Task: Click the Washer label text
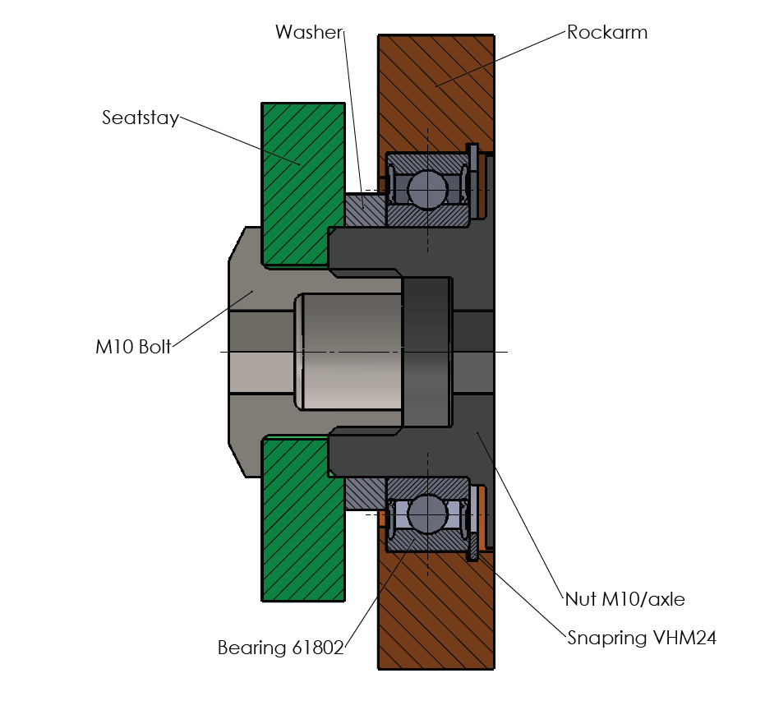tap(308, 32)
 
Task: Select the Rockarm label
tap(607, 33)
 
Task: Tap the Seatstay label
tap(140, 118)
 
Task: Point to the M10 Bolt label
tap(133, 347)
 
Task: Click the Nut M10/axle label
tap(624, 599)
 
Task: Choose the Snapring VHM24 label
tap(642, 638)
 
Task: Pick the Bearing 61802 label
tap(280, 648)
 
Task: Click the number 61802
tap(317, 648)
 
